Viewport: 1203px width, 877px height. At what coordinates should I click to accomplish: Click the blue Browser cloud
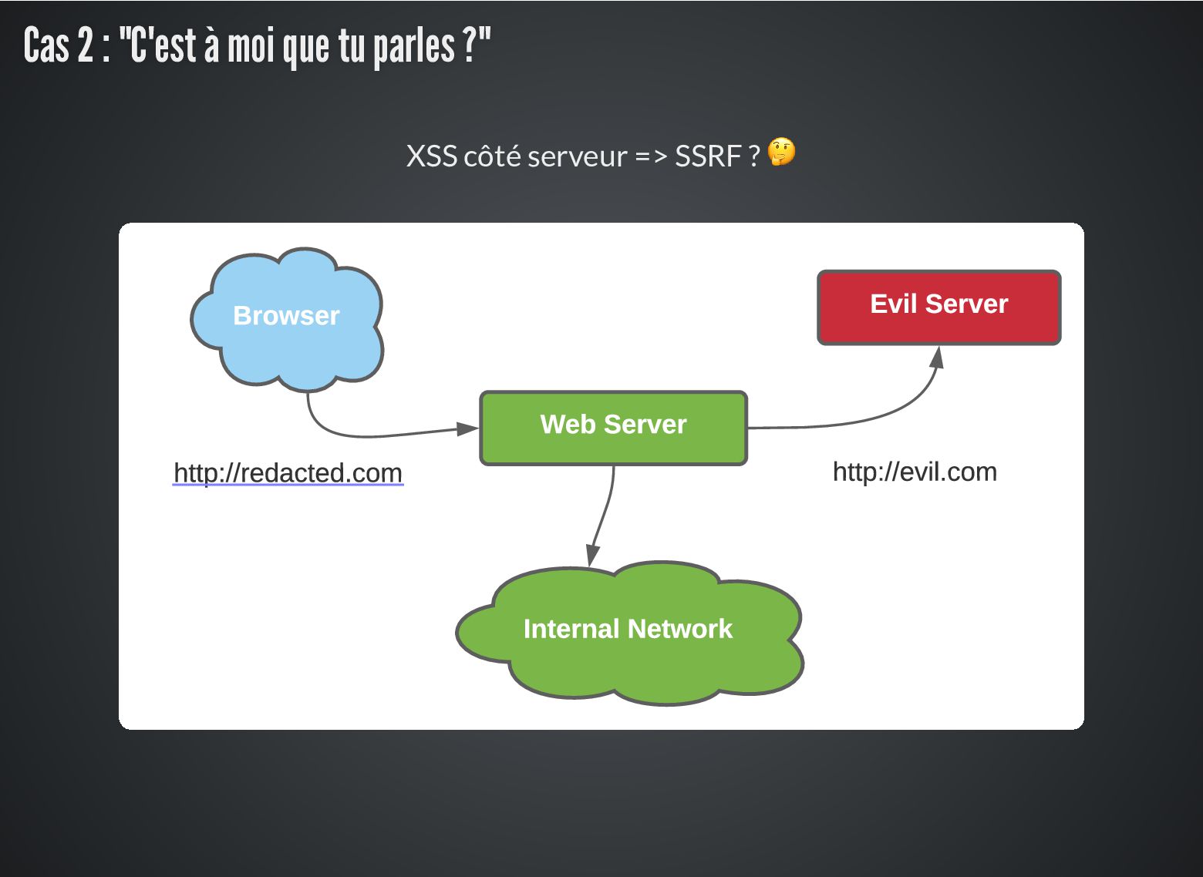(x=286, y=317)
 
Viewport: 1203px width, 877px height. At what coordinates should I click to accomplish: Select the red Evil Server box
(x=938, y=307)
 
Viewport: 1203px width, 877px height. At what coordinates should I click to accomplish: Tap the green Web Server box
(x=613, y=427)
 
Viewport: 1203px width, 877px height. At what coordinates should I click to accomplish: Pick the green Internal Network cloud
(x=628, y=632)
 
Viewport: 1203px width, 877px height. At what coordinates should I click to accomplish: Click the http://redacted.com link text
(x=288, y=472)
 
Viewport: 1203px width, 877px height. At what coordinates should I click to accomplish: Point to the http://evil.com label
(x=915, y=472)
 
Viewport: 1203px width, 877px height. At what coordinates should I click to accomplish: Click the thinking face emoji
(x=781, y=153)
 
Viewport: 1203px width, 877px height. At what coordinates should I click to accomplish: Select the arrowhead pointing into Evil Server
(x=937, y=357)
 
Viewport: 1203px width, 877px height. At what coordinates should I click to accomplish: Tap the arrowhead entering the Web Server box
(x=467, y=428)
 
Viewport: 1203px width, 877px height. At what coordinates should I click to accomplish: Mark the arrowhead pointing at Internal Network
(x=592, y=555)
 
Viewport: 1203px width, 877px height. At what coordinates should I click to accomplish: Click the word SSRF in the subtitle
(x=707, y=156)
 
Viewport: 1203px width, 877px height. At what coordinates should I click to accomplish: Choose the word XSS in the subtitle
(x=430, y=156)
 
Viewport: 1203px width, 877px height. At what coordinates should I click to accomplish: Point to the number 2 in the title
(x=84, y=45)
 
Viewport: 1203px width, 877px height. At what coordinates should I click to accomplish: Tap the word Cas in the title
(x=46, y=45)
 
